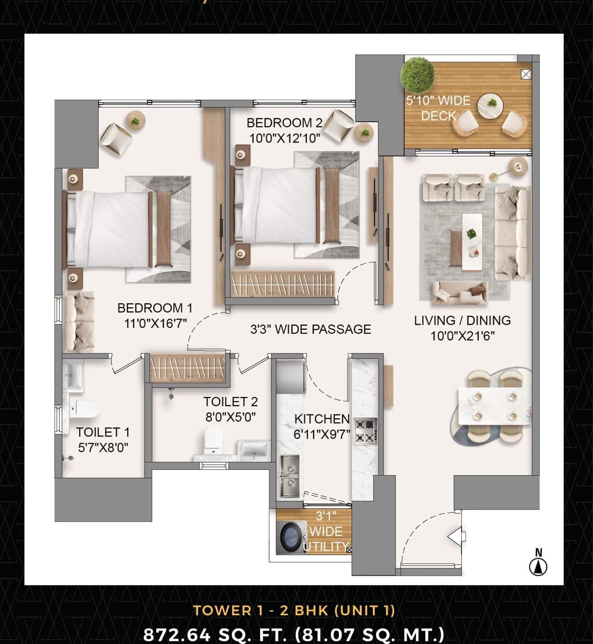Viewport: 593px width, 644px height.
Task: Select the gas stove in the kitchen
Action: click(x=366, y=430)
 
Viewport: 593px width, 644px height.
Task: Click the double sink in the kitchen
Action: click(x=290, y=475)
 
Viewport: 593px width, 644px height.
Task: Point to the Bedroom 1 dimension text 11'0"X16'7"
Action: click(x=155, y=323)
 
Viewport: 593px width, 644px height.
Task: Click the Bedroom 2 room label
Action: click(x=284, y=123)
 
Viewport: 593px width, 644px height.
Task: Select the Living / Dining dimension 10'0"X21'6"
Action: click(x=462, y=336)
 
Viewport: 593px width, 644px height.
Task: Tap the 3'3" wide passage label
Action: click(x=310, y=329)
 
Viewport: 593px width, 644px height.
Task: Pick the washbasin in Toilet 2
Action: click(x=253, y=449)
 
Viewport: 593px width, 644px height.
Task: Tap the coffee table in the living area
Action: click(x=472, y=240)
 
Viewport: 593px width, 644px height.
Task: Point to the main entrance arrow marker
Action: click(x=456, y=537)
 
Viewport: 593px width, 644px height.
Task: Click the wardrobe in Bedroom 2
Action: click(x=282, y=283)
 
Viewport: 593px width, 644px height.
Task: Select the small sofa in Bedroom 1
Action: click(x=80, y=321)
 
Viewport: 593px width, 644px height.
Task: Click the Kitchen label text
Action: click(x=322, y=419)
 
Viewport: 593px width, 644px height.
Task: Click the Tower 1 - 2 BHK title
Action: click(x=294, y=610)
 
